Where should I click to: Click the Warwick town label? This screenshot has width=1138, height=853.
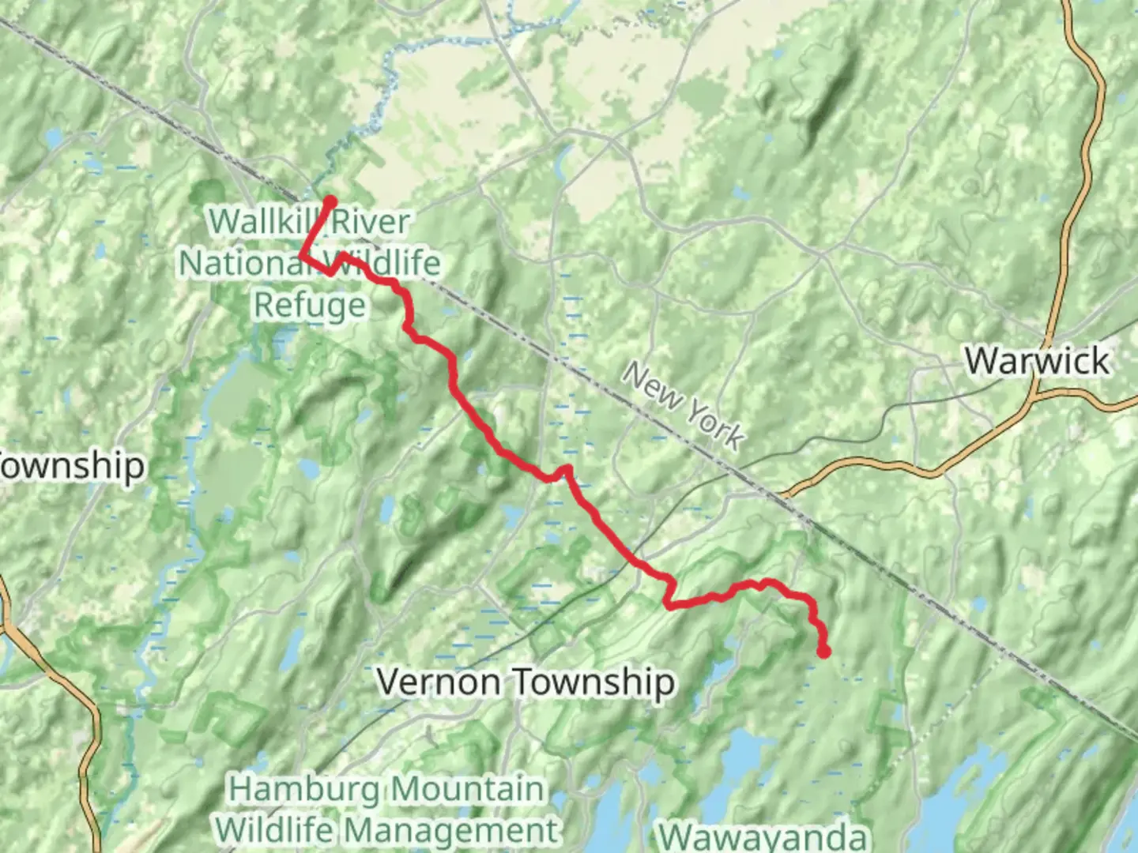pos(1036,361)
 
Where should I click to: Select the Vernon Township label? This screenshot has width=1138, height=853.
pos(526,682)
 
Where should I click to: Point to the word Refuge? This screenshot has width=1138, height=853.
pos(310,305)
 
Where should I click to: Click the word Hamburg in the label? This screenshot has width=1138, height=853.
pos(304,789)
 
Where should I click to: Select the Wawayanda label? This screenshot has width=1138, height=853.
pos(762,836)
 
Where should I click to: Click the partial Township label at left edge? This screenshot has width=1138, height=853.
pos(71,465)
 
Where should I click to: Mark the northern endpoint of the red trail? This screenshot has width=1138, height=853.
pos(330,201)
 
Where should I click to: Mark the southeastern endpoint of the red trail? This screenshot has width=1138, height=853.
pos(824,652)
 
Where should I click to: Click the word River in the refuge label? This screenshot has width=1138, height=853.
pos(370,222)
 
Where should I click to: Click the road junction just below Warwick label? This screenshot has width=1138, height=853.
pos(1034,393)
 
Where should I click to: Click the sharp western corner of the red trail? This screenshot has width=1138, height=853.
pos(301,255)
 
